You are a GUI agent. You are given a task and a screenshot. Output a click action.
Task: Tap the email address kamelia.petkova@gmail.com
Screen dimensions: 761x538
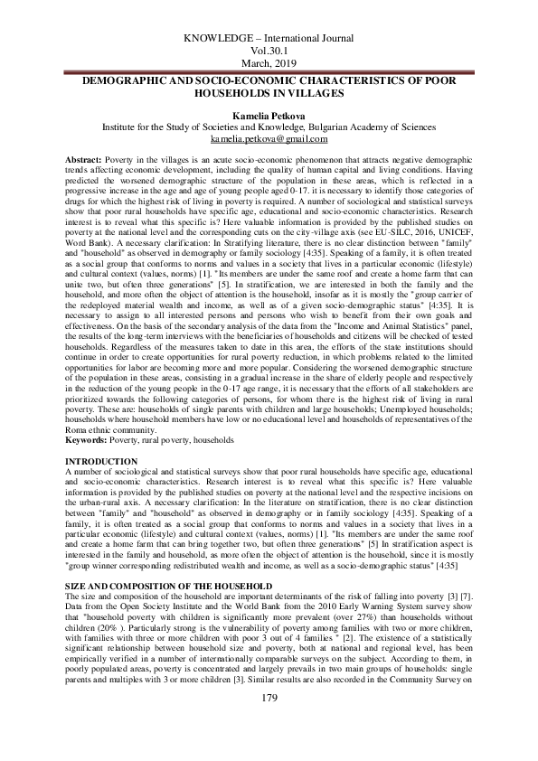(x=268, y=140)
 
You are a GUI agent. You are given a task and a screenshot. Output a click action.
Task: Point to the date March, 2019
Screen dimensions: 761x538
(x=269, y=65)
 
